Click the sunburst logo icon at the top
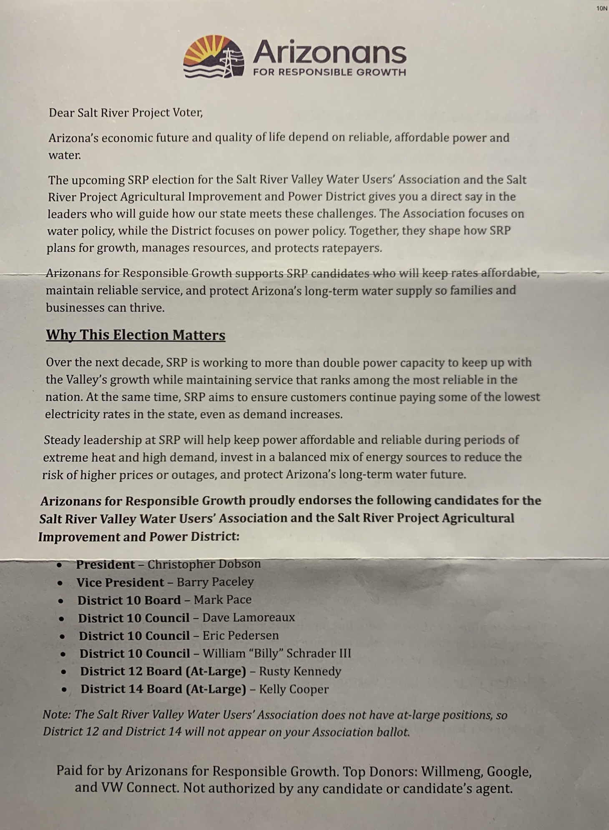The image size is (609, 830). [x=214, y=57]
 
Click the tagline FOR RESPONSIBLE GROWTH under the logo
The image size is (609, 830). [x=330, y=72]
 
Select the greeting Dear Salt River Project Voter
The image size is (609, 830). [x=126, y=113]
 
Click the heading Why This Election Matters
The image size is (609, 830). [x=136, y=335]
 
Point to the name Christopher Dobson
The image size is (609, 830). [x=204, y=564]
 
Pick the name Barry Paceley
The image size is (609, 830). [x=215, y=582]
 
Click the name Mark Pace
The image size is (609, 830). [x=222, y=600]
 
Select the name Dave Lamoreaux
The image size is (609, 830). [x=249, y=617]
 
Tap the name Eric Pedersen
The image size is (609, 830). [x=241, y=635]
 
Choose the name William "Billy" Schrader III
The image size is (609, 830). [x=277, y=653]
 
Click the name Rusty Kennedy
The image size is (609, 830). [x=300, y=671]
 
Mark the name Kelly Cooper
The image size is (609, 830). [x=294, y=689]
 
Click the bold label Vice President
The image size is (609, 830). [x=120, y=582]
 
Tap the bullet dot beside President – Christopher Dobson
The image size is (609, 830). [x=60, y=565]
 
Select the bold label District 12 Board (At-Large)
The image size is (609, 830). [x=163, y=671]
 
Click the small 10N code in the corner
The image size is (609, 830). [x=601, y=8]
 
